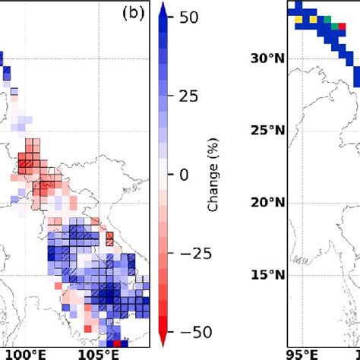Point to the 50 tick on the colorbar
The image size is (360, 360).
point(194,16)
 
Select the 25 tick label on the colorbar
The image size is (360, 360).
point(194,96)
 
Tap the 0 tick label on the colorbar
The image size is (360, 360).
point(184,175)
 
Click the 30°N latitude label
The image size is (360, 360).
point(267,58)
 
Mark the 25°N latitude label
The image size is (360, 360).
point(267,131)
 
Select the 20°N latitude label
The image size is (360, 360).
point(267,202)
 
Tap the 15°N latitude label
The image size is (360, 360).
point(267,274)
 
